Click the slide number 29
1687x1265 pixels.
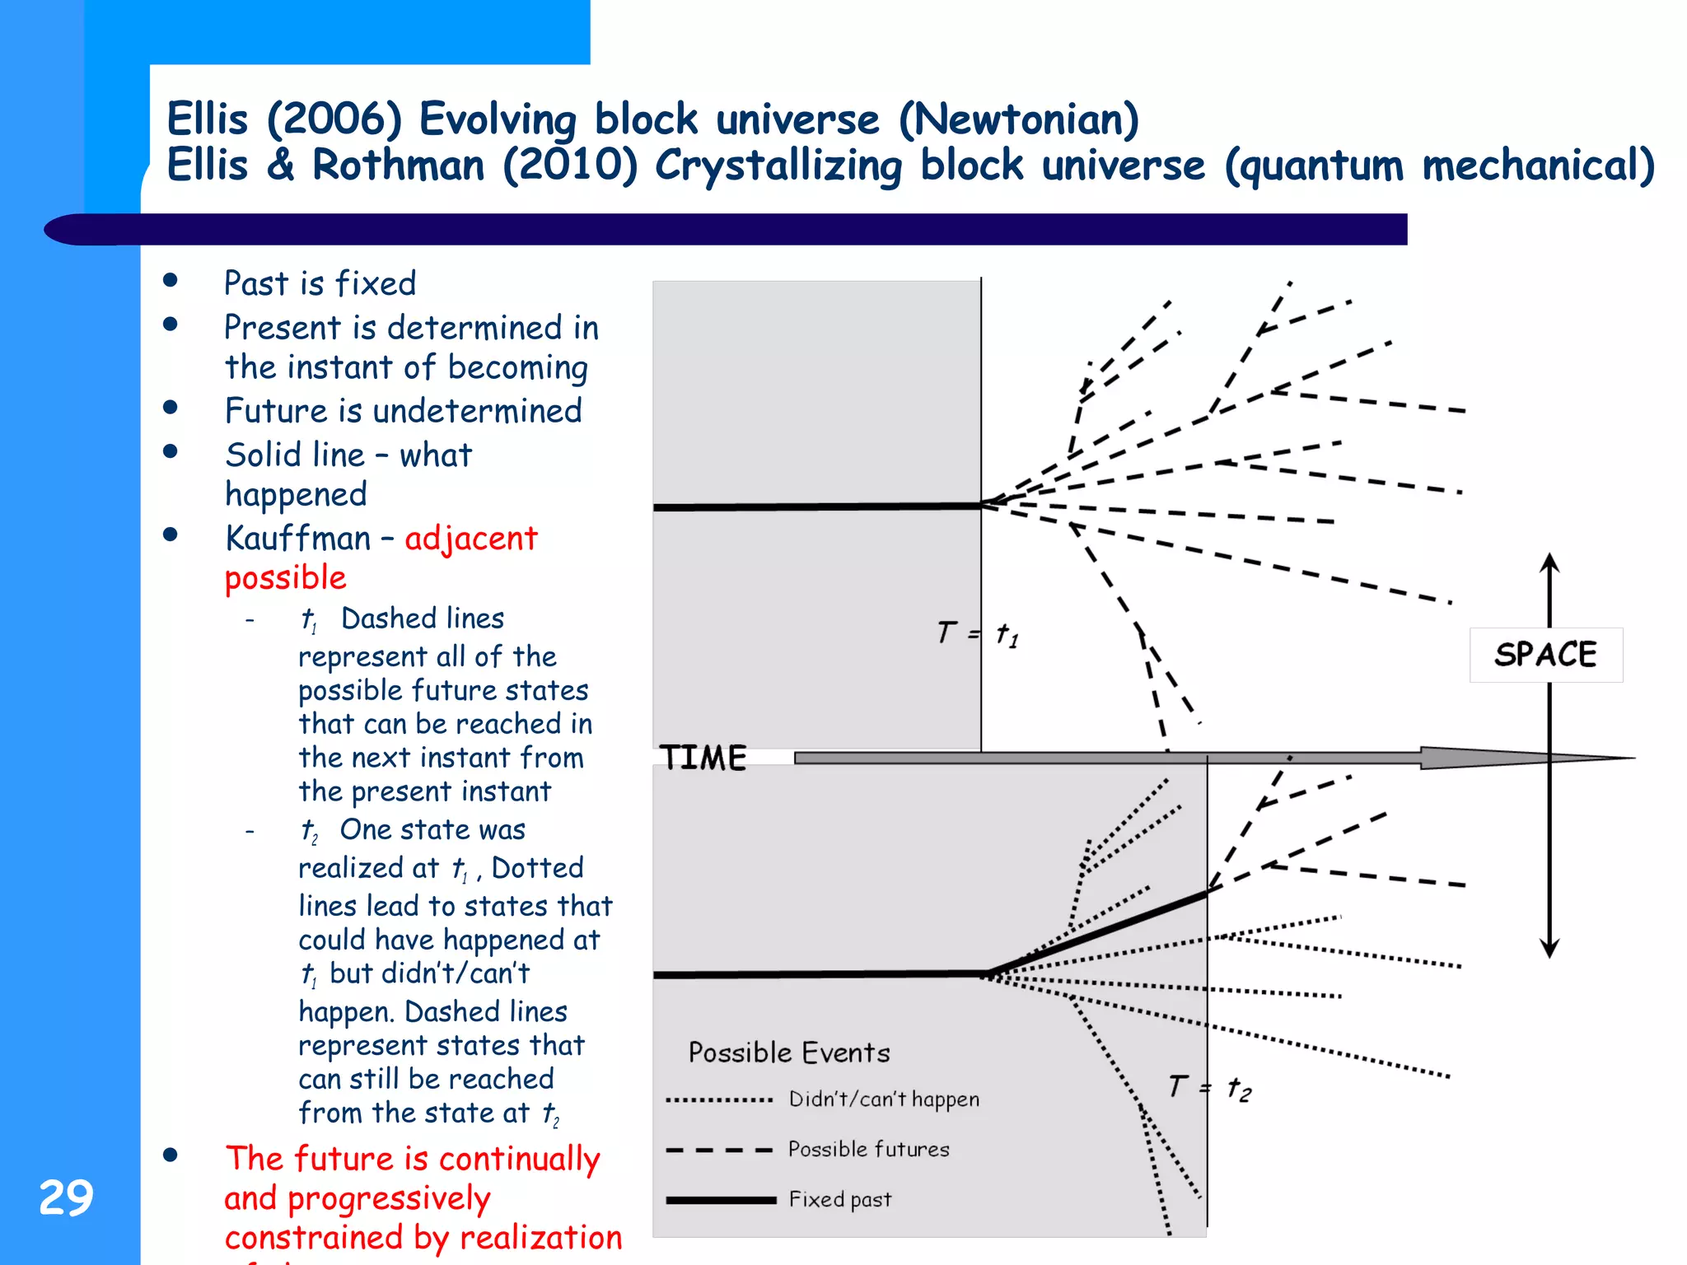(x=66, y=1197)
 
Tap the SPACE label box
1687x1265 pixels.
(x=1545, y=655)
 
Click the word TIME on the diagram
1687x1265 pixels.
(x=703, y=758)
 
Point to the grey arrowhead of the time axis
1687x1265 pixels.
(x=1524, y=758)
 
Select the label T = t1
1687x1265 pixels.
(x=978, y=634)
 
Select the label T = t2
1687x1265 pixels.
(x=1209, y=1088)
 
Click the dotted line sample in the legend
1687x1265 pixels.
(x=719, y=1100)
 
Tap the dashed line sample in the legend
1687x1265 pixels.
(x=719, y=1151)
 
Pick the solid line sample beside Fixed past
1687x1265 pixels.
(x=721, y=1200)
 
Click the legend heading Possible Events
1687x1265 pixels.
(x=789, y=1053)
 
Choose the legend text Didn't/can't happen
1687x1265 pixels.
(x=884, y=1099)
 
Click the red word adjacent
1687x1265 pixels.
(x=470, y=539)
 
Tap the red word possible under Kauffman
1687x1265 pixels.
(x=285, y=577)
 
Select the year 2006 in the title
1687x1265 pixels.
(x=334, y=119)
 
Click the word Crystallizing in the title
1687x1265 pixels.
(x=778, y=166)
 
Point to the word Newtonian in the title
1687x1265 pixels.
(x=1018, y=119)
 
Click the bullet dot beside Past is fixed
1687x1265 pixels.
(x=171, y=281)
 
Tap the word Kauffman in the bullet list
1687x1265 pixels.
(x=298, y=539)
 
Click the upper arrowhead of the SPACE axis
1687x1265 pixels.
(x=1549, y=562)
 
